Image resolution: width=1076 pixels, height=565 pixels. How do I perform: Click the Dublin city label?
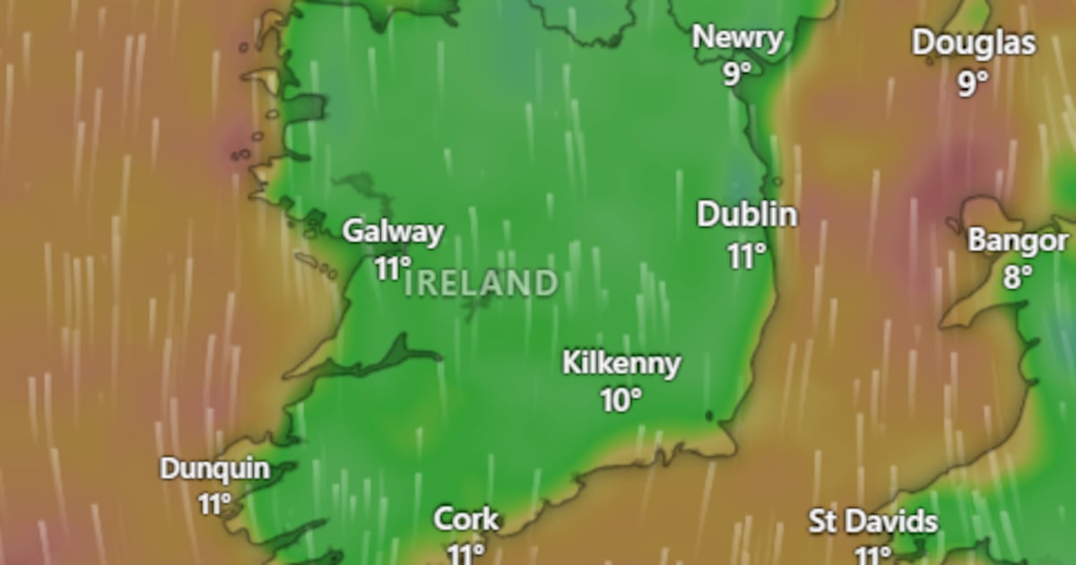(x=747, y=215)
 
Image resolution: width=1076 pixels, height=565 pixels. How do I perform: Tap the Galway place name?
(x=393, y=231)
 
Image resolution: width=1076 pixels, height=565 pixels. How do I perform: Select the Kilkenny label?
(x=621, y=363)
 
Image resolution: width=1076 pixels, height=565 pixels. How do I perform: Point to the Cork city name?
(x=466, y=518)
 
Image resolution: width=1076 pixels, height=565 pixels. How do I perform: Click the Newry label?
(x=738, y=38)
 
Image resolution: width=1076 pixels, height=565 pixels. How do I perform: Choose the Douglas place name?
(x=974, y=43)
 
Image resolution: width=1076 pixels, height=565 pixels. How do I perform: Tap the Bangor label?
(x=1018, y=240)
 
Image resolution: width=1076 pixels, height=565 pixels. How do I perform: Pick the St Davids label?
(x=873, y=521)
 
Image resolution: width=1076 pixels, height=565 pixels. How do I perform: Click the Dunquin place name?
(x=214, y=468)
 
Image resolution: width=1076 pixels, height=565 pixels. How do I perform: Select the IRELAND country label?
(x=481, y=284)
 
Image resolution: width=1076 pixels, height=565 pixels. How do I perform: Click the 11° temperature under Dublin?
(x=747, y=256)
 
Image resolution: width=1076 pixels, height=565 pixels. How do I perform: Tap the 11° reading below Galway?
(x=393, y=268)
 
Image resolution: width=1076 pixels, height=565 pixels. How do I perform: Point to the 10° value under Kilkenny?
(x=621, y=400)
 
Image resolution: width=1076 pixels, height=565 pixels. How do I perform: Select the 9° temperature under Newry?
(x=737, y=74)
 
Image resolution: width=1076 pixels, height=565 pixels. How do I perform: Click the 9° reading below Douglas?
(x=973, y=83)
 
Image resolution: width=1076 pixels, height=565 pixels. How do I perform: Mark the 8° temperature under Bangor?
(x=1018, y=277)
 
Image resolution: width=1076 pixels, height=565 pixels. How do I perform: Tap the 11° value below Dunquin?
(x=215, y=504)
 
